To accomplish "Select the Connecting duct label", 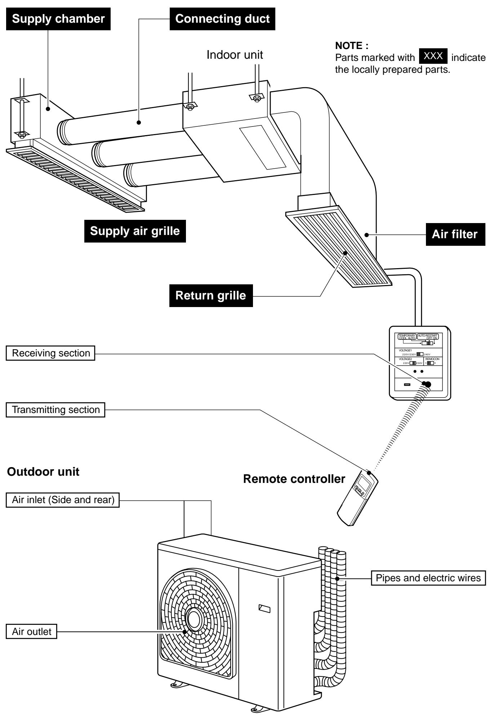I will click(x=222, y=19).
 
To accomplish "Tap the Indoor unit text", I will click(x=235, y=55).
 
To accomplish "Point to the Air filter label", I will click(x=455, y=235).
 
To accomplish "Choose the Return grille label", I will click(x=211, y=296).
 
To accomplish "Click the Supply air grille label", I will click(x=135, y=231).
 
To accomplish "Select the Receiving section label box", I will click(x=50, y=353).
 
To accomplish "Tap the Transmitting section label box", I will click(x=55, y=410).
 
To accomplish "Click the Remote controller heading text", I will click(x=294, y=479).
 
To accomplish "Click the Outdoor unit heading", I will click(x=43, y=472).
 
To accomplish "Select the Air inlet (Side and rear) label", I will click(x=63, y=500).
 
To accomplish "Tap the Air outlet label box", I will click(x=32, y=632).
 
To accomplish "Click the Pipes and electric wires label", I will click(x=428, y=578).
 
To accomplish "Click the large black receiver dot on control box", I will click(x=428, y=384).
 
